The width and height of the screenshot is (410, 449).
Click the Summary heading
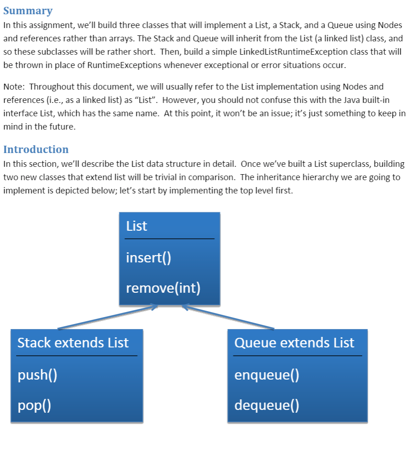point(28,11)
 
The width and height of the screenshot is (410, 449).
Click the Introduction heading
point(36,149)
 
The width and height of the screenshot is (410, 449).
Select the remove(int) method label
point(163,288)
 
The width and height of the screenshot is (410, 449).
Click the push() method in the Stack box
point(37,375)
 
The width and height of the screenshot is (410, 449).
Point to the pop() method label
point(34,405)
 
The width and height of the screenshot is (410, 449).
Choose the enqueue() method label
point(266,375)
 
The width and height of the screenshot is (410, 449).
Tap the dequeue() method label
point(266,405)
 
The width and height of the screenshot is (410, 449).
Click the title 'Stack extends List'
point(73,343)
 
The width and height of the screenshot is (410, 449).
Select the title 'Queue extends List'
point(294,343)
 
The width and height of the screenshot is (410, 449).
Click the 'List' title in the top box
point(137,226)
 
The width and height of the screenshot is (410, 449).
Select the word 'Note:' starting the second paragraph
point(14,86)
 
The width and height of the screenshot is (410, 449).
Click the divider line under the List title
point(169,239)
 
